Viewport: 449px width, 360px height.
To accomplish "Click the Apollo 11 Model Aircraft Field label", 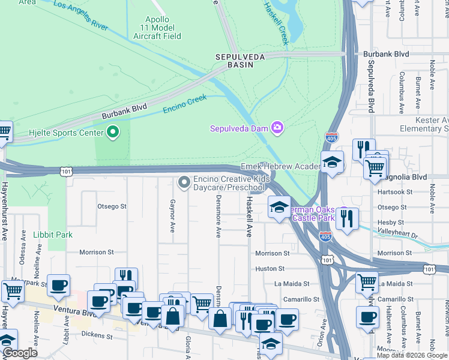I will point(163,28).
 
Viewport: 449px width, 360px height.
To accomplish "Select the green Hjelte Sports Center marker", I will point(112,133).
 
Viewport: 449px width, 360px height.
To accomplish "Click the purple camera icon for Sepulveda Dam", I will point(277,127).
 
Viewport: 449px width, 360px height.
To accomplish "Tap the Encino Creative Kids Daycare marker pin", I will point(184,181).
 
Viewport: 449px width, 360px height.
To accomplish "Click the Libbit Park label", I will point(53,235).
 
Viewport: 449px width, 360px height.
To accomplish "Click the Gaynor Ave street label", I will point(173,216).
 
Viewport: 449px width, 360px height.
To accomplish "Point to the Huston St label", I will point(270,269).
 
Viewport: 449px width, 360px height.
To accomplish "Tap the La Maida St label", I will point(292,283).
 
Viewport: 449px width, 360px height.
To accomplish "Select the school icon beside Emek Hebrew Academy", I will point(331,163).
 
